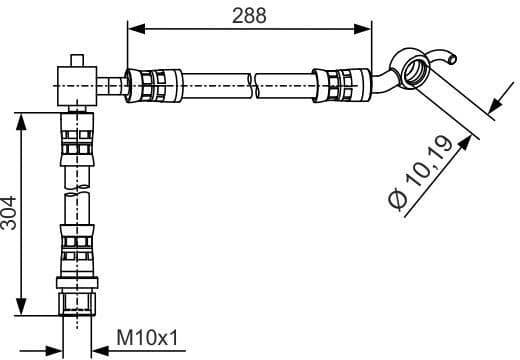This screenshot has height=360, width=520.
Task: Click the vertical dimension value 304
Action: click(11, 213)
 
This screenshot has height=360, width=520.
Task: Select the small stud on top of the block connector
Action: click(77, 60)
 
